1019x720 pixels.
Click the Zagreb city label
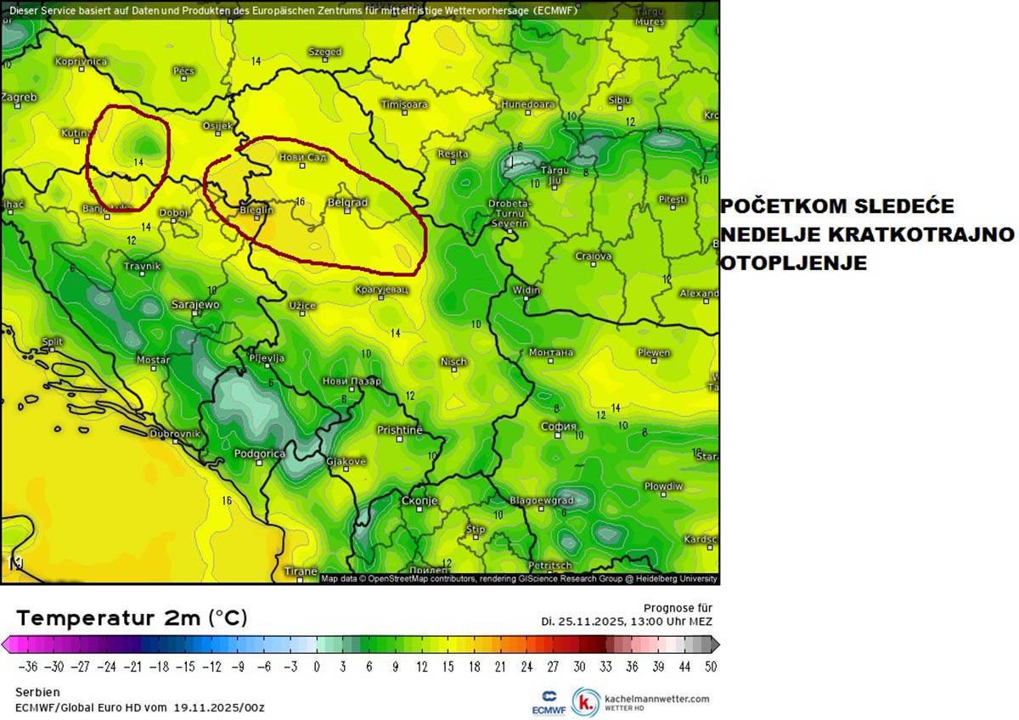pos(19,97)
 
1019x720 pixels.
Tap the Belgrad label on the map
pos(348,203)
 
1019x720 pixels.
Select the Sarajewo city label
pos(196,303)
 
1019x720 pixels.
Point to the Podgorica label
pos(259,454)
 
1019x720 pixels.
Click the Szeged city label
pos(324,52)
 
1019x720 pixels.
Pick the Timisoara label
pos(404,104)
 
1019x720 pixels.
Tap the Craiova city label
pos(594,256)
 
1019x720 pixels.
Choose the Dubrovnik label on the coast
pos(175,433)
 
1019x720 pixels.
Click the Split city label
pos(52,341)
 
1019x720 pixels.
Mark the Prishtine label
pos(399,430)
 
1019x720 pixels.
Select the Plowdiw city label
pos(663,487)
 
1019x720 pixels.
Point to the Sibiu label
pos(619,100)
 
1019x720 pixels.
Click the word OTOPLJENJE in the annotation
pos(793,263)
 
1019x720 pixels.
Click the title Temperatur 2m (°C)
pos(132,617)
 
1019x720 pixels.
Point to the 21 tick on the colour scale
pos(500,667)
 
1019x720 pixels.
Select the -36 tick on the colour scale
pos(27,667)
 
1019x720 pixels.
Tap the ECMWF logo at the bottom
pos(543,701)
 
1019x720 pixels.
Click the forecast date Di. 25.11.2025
pos(581,621)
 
